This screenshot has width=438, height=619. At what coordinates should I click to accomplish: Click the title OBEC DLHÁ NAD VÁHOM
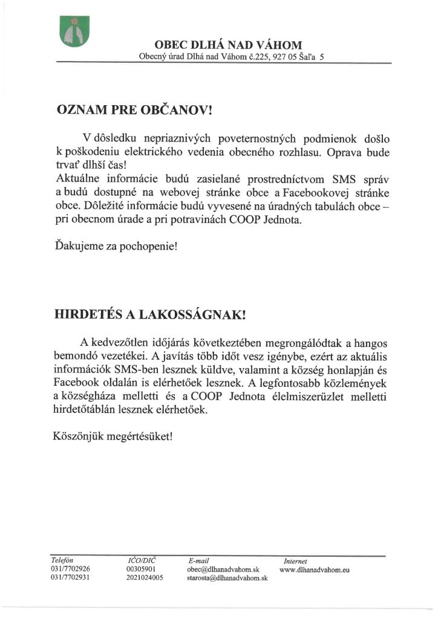[x=228, y=45]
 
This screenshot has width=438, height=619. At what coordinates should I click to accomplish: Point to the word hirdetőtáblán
[x=87, y=410]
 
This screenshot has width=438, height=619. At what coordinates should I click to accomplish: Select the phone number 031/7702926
[x=71, y=569]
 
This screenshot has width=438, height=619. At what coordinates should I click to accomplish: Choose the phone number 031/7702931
[x=71, y=578]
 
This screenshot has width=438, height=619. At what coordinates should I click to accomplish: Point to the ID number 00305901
[x=141, y=569]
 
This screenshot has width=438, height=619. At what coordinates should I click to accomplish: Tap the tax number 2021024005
[x=145, y=578]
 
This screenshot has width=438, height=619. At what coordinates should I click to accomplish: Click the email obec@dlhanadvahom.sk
[x=223, y=570]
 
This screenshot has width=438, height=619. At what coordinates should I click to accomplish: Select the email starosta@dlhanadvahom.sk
[x=228, y=579]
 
